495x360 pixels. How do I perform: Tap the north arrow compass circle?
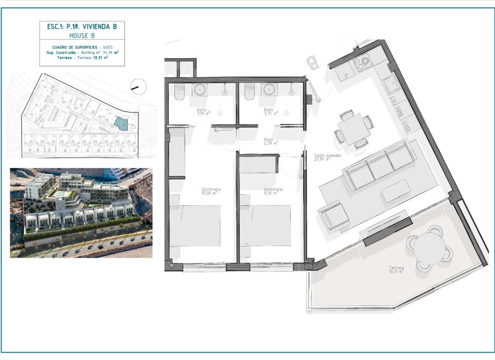pos(138,86)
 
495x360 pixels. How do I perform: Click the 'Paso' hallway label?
pos(268,141)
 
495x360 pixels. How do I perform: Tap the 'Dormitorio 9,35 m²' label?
pos(273,191)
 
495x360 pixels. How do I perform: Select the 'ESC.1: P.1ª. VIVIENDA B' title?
pos(82,26)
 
